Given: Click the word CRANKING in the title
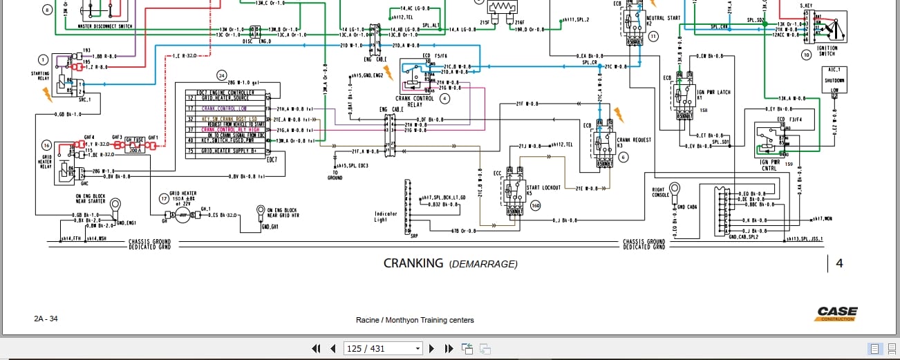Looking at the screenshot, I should [x=413, y=263].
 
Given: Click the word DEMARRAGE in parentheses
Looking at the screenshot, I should [x=482, y=264].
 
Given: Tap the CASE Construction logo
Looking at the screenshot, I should [x=836, y=314].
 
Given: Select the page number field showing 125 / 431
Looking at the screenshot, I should [x=382, y=349].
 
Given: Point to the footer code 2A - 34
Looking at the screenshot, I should [x=46, y=319].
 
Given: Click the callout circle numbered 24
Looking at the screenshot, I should [x=221, y=75].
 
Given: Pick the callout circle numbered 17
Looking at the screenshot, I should [x=164, y=199].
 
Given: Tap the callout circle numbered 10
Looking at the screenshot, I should [x=805, y=55].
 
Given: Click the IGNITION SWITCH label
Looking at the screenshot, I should [x=827, y=51].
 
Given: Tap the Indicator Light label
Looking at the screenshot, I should [x=386, y=217].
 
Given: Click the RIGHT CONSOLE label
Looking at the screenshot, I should [x=661, y=192].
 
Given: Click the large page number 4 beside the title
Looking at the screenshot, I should [x=839, y=263].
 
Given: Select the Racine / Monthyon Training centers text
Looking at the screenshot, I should [x=415, y=320].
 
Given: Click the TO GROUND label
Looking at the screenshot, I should [x=335, y=175].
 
